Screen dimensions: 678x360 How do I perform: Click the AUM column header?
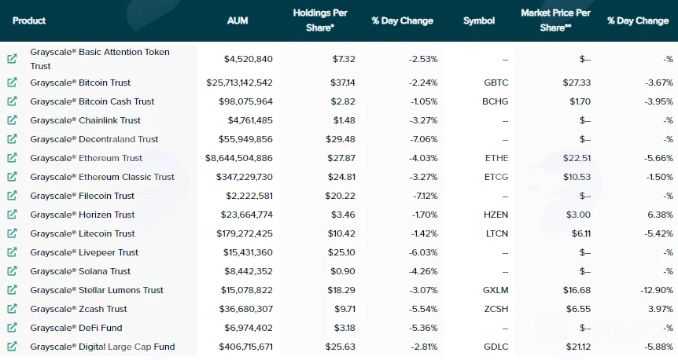(238, 20)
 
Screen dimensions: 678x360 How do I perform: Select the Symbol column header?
(479, 20)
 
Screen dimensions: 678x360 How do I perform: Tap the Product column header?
(29, 20)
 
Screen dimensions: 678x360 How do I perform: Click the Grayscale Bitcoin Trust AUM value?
(240, 83)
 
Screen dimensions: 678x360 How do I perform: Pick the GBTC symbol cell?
(496, 83)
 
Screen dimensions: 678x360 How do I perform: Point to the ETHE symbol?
(497, 158)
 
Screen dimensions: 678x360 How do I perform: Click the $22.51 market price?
(577, 158)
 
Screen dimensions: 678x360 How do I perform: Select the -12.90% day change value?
(657, 290)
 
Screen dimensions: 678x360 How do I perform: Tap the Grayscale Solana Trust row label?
(80, 271)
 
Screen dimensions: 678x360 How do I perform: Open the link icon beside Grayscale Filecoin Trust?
(12, 196)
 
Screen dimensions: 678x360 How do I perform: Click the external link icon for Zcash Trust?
(12, 309)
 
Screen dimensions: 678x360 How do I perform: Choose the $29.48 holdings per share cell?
(341, 139)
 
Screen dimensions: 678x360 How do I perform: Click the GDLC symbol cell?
(496, 347)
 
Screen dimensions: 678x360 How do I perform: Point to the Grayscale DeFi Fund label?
(76, 328)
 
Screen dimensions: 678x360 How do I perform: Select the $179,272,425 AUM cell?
(245, 233)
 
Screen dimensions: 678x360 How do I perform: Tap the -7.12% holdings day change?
(426, 196)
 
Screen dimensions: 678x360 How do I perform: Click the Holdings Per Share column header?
(320, 20)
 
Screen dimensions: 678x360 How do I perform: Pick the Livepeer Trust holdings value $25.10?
(341, 252)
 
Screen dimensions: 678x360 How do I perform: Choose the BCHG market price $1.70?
(580, 101)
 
